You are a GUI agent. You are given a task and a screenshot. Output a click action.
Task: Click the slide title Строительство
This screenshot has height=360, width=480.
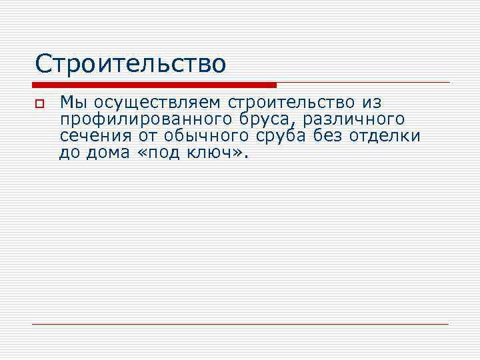pos(131,64)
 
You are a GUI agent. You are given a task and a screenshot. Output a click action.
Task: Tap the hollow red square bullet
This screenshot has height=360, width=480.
pos(39,105)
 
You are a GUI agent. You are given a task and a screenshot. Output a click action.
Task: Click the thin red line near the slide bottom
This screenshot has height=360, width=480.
pos(240,324)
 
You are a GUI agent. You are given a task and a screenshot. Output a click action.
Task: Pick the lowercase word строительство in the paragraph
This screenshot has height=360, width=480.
pos(293,103)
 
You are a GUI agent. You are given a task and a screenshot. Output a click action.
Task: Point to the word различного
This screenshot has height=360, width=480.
pos(353,120)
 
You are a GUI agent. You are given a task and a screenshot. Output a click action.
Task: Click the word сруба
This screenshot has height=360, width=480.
pos(283,137)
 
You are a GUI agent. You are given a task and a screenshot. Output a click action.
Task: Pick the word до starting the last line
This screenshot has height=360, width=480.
pos(69,153)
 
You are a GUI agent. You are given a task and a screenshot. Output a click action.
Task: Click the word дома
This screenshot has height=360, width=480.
pos(106,153)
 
